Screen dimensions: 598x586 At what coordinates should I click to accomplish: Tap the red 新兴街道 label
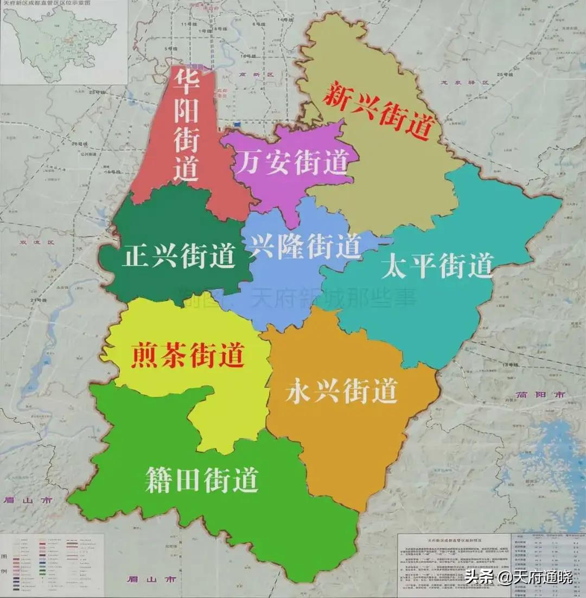pos(379,111)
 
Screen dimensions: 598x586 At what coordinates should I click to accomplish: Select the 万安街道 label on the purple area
pos(294,162)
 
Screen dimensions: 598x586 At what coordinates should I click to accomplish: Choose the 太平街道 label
pos(437,266)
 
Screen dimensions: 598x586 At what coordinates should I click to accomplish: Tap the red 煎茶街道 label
pos(188,355)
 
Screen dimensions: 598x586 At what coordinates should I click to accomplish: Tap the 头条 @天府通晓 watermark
pos(518,577)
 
